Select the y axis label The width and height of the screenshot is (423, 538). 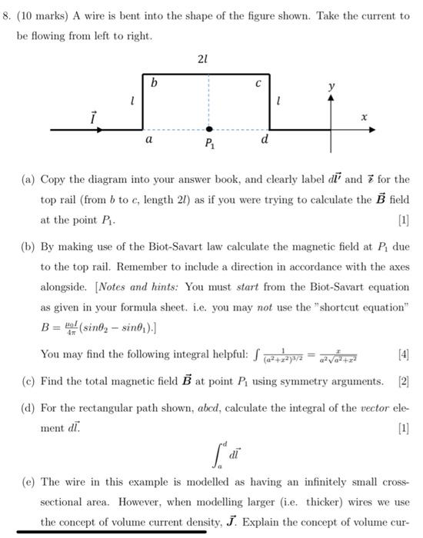click(331, 89)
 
